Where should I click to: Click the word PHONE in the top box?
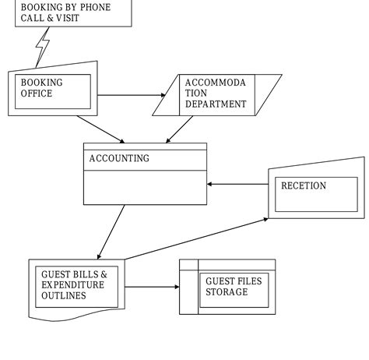[x=93, y=8]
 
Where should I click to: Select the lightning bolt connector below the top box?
[x=43, y=48]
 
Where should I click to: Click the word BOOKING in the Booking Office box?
[x=42, y=83]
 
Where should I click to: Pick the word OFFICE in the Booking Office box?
[x=37, y=94]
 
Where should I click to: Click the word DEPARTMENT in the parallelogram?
[x=216, y=104]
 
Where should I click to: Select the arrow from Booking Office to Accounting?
[x=100, y=129]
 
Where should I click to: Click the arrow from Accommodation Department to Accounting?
[x=179, y=129]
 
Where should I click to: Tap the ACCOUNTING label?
[x=119, y=159]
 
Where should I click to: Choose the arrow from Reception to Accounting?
[x=237, y=185]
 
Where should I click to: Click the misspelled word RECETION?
[x=304, y=186]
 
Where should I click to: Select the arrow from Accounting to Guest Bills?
[x=111, y=231]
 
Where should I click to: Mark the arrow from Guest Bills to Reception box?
[x=195, y=238]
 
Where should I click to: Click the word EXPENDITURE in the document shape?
[x=72, y=286]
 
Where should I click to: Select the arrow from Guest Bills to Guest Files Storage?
[x=151, y=287]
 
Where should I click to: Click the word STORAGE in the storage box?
[x=227, y=292]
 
